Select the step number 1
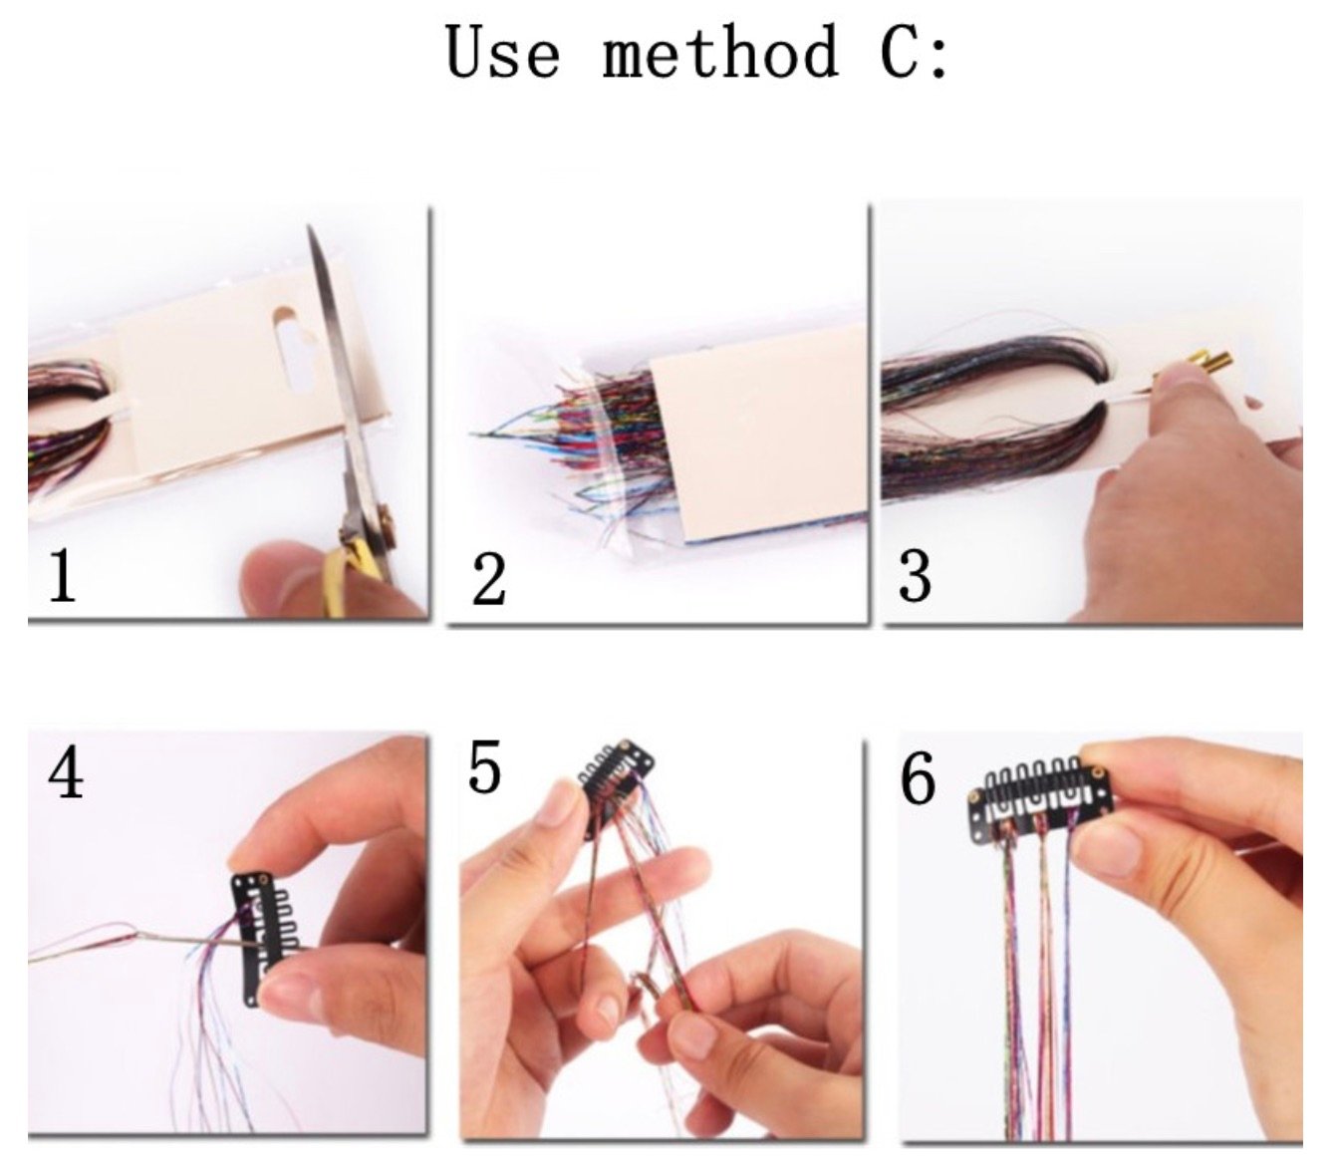click(62, 575)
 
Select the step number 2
click(488, 580)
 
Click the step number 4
click(66, 773)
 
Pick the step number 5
click(484, 766)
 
